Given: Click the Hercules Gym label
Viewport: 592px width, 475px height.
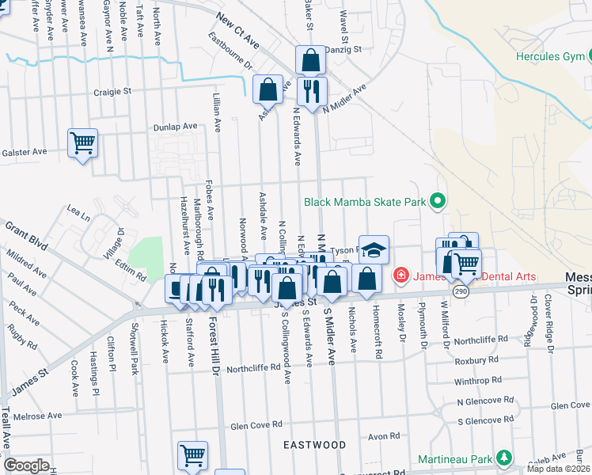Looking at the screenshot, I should pyautogui.click(x=549, y=56).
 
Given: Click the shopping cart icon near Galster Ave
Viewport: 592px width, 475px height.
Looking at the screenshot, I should pyautogui.click(x=82, y=143).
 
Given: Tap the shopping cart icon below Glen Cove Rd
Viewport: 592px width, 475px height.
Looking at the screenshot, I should pyautogui.click(x=192, y=455).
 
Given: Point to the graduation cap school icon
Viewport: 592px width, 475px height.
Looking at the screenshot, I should pyautogui.click(x=374, y=249).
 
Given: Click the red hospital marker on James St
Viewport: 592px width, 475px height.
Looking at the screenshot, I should pyautogui.click(x=400, y=275).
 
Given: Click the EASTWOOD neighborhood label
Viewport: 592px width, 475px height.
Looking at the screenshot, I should pyautogui.click(x=315, y=445).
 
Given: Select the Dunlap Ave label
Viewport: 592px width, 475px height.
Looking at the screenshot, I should pyautogui.click(x=175, y=126).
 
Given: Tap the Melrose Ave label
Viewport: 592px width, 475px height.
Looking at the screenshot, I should pyautogui.click(x=37, y=416).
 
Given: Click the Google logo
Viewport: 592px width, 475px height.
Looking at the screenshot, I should pyautogui.click(x=26, y=465).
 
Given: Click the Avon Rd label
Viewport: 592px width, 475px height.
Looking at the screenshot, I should pyautogui.click(x=384, y=435).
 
